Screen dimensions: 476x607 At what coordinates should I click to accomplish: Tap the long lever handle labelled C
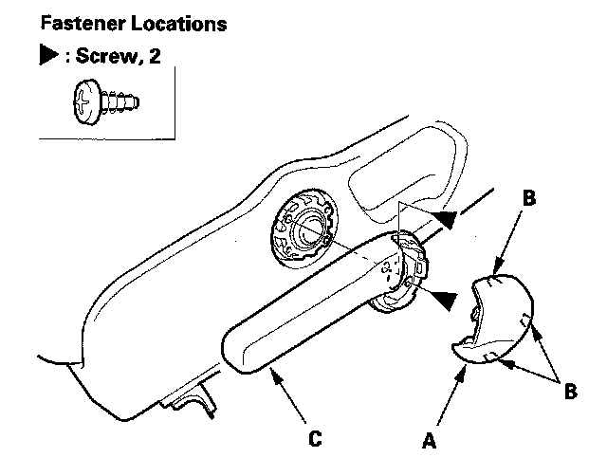[303, 304]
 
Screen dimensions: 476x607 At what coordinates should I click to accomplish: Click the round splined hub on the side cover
[305, 227]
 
